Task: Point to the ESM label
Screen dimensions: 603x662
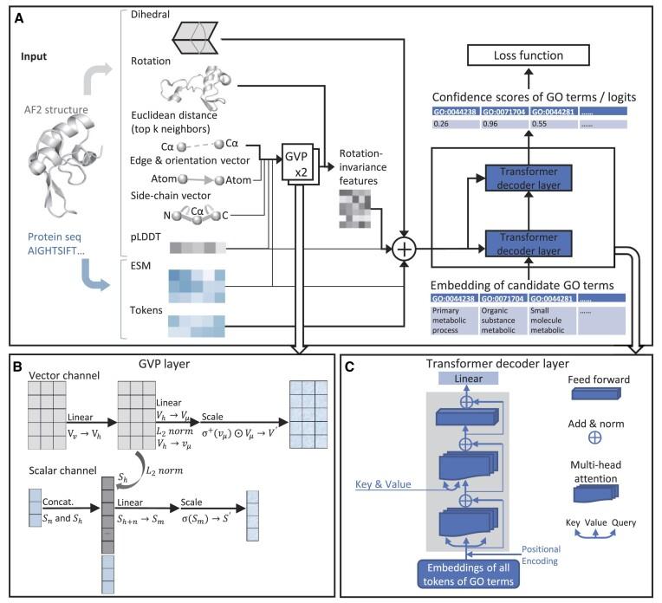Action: coord(114,268)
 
